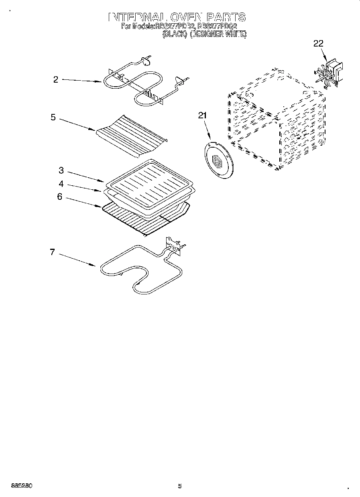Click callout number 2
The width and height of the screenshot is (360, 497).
tap(55, 79)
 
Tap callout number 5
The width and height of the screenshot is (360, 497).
tap(53, 118)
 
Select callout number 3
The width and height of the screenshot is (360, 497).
tap(61, 170)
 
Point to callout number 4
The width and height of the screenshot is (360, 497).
tap(61, 184)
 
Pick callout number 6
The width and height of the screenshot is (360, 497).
tap(59, 197)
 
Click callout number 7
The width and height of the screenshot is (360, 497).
tap(52, 252)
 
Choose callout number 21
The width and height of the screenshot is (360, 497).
tap(202, 116)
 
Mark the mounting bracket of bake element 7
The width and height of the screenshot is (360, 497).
tap(172, 245)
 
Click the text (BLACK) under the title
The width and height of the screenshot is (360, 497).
tap(175, 35)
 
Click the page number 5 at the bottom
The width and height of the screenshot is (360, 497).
tap(180, 486)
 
